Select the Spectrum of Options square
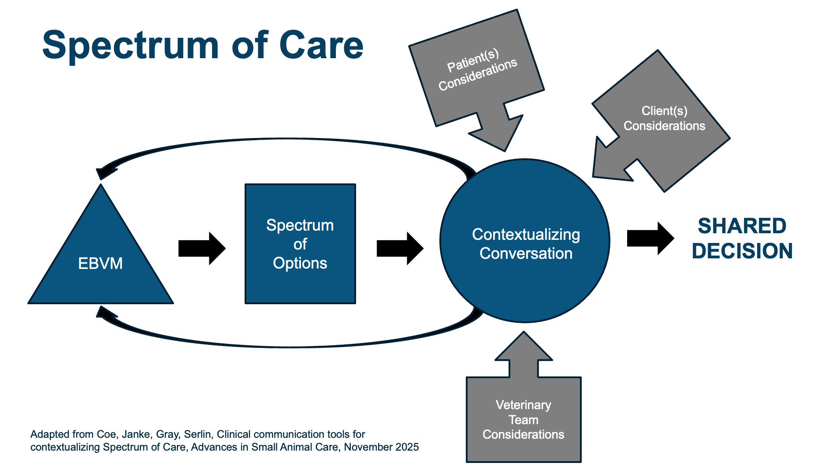[x=300, y=244]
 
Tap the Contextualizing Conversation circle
[x=525, y=241]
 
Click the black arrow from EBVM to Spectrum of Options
[x=202, y=248]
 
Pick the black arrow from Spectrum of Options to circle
[x=400, y=248]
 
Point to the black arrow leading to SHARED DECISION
[x=650, y=238]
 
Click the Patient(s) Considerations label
[x=477, y=70]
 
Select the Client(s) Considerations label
[x=664, y=118]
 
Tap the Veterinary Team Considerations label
[x=523, y=419]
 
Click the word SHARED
[x=742, y=226]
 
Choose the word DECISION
[x=742, y=251]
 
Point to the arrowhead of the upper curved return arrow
[x=105, y=172]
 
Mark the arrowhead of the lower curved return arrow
[x=105, y=313]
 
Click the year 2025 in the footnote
[x=407, y=447]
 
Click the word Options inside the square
[x=300, y=263]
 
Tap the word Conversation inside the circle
[x=526, y=254]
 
